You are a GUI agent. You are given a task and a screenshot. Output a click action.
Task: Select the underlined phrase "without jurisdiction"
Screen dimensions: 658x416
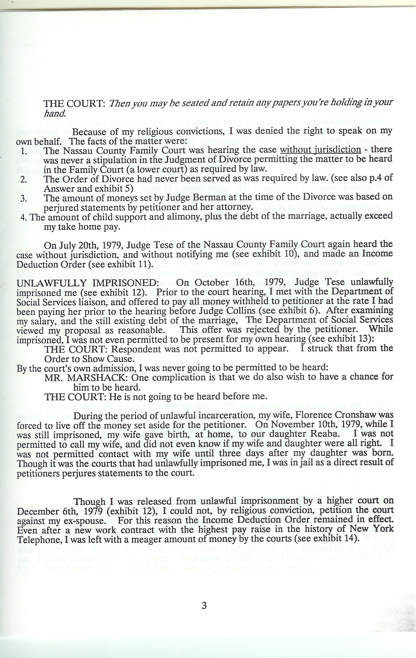320,149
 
